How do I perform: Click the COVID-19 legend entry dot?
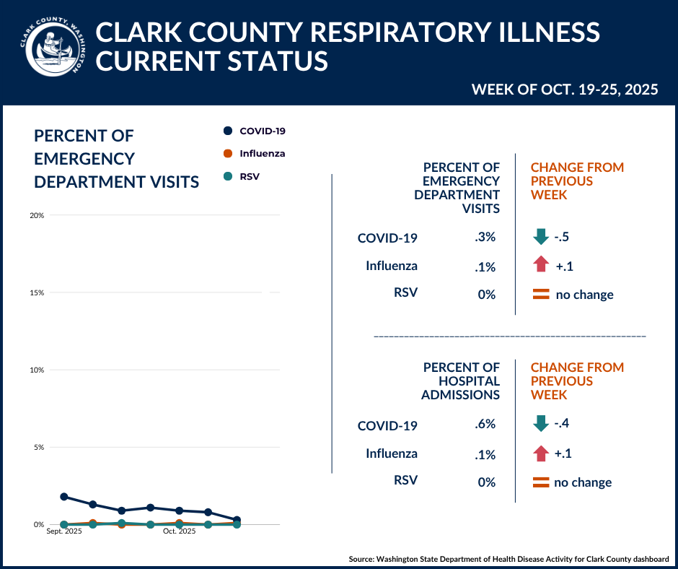228,131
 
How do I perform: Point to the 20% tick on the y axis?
38,215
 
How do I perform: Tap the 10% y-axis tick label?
38,370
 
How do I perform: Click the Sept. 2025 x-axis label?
64,532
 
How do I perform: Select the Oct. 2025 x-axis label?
179,532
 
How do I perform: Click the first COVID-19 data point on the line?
64,497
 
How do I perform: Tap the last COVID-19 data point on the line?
237,520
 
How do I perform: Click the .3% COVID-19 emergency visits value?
485,238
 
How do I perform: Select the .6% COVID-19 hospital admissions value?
485,425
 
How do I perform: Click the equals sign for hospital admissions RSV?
540,482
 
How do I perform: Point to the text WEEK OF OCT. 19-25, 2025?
564,90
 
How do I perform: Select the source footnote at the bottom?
508,559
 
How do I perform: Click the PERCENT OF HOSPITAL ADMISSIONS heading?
462,381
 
